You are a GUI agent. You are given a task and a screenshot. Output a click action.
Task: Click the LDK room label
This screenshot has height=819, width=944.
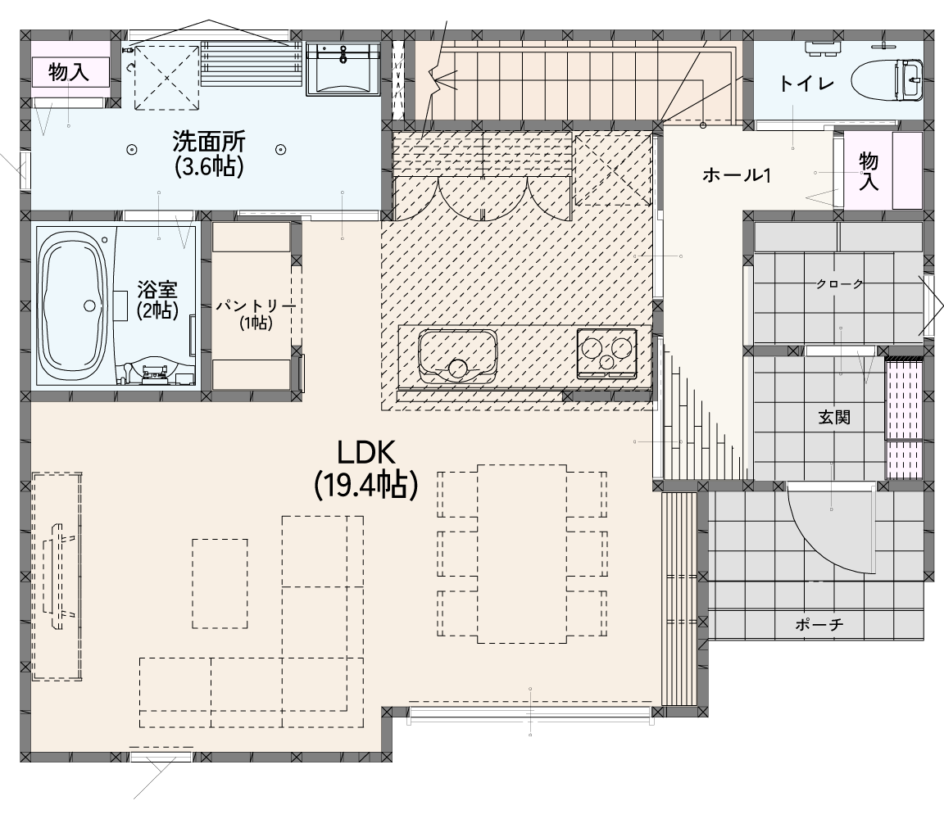pyautogui.click(x=365, y=453)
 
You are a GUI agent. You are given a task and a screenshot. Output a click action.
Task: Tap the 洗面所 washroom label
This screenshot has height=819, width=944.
pyautogui.click(x=209, y=142)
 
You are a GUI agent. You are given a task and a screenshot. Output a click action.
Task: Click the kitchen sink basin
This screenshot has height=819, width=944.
pyautogui.click(x=458, y=355)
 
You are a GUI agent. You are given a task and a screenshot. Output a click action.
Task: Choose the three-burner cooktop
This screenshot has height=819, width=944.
pyautogui.click(x=607, y=353)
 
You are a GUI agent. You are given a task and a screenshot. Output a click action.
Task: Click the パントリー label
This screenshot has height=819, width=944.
pyautogui.click(x=256, y=306)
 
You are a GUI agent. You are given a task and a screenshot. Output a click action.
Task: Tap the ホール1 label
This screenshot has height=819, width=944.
pyautogui.click(x=737, y=176)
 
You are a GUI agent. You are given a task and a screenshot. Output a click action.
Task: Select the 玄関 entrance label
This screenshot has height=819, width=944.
pyautogui.click(x=834, y=417)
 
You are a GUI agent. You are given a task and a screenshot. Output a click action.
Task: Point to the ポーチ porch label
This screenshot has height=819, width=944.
pyautogui.click(x=819, y=625)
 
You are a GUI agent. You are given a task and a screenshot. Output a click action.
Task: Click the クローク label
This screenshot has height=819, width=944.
pyautogui.click(x=839, y=284)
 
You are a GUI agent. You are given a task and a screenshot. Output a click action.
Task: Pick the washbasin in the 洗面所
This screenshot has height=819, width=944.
pyautogui.click(x=343, y=69)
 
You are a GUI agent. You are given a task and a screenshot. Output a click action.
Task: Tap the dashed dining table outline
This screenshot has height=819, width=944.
pyautogui.click(x=522, y=553)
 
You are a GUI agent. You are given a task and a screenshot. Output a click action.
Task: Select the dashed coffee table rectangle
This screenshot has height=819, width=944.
pyautogui.click(x=220, y=584)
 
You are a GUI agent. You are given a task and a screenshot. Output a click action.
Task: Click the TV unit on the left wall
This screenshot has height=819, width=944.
pyautogui.click(x=57, y=577)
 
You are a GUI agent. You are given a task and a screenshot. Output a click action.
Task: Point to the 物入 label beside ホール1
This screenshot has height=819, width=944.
pyautogui.click(x=868, y=171)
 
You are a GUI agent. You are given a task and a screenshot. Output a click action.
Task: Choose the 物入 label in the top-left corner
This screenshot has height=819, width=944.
pyautogui.click(x=69, y=72)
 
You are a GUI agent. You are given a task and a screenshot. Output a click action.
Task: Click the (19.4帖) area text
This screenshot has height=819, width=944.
pyautogui.click(x=365, y=485)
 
